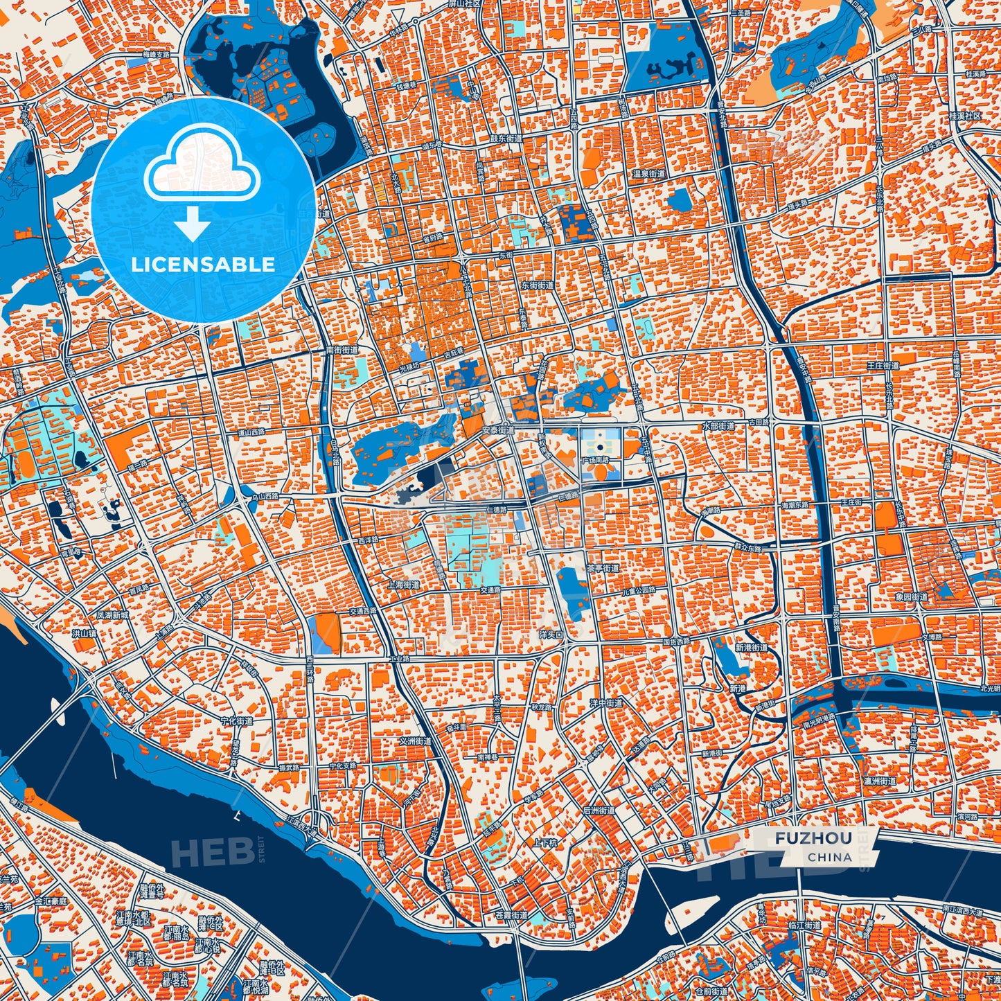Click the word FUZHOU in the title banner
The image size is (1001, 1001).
pos(813,838)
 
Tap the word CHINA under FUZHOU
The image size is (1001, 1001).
pos(829,857)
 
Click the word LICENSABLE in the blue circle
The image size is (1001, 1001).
pos(204,265)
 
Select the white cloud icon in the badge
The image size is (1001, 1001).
pos(202,163)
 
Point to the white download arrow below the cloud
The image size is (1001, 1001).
pos(193,224)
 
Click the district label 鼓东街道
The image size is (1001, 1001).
pos(506,139)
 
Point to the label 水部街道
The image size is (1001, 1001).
pos(718,426)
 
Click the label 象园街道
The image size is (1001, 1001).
pos(910,596)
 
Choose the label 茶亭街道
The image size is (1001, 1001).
pos(603,568)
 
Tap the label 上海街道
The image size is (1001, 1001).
pos(405,585)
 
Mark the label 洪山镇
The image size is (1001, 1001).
pos(84,633)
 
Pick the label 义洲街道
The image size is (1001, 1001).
pos(416,741)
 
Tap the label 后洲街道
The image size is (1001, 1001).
pos(599,810)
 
